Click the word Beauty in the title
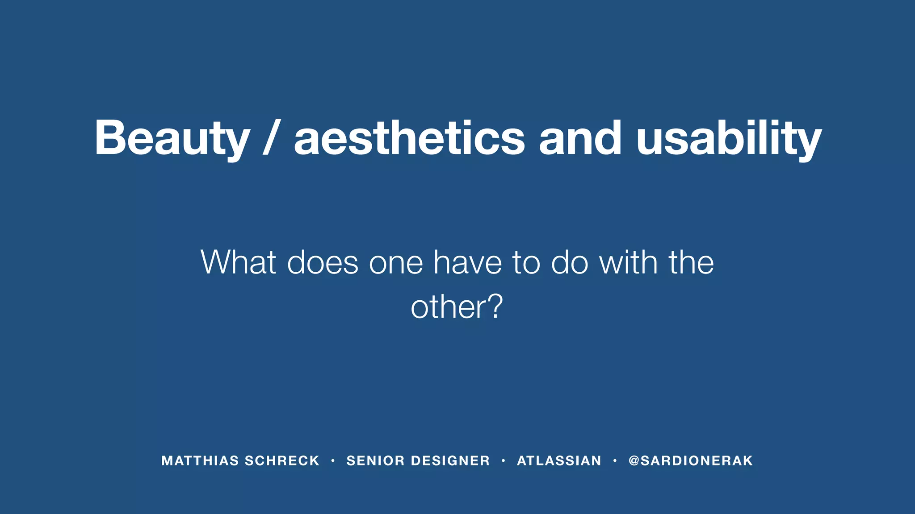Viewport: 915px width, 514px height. click(x=172, y=138)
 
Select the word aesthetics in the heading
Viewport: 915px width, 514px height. click(x=409, y=138)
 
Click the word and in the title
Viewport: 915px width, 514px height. click(x=580, y=138)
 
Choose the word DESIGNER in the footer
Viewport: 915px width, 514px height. click(x=450, y=461)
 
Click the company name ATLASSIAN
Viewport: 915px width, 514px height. click(x=559, y=461)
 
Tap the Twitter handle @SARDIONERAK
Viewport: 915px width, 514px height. click(x=691, y=461)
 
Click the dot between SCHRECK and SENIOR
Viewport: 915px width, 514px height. click(x=333, y=461)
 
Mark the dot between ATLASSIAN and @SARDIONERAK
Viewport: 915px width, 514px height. click(x=615, y=461)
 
